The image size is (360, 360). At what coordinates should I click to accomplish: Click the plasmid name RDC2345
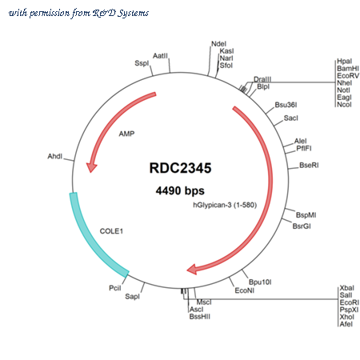[180, 168]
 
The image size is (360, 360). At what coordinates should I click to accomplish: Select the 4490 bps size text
[180, 190]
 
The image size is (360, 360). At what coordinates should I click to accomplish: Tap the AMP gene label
[126, 134]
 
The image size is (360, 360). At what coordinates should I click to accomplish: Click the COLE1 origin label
[111, 231]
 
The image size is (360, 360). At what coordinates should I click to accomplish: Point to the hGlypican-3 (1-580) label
[225, 205]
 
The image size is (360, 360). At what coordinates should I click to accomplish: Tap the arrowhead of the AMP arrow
[91, 167]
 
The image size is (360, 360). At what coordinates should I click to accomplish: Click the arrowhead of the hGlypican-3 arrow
[192, 270]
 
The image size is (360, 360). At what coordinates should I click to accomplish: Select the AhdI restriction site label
[55, 156]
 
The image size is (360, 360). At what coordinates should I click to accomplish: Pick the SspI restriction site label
[142, 63]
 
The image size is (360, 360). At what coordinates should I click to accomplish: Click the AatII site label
[160, 56]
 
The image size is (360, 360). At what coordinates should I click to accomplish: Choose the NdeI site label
[218, 44]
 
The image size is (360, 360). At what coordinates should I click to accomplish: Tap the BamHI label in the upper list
[348, 69]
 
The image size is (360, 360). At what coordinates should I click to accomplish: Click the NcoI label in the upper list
[344, 105]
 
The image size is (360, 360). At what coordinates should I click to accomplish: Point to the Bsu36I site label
[286, 105]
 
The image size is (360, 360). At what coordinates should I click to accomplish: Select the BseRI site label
[309, 166]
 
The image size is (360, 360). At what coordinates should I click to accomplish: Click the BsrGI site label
[302, 226]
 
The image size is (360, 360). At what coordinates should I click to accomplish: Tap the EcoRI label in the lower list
[350, 302]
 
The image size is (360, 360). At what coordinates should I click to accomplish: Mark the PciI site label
[115, 288]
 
